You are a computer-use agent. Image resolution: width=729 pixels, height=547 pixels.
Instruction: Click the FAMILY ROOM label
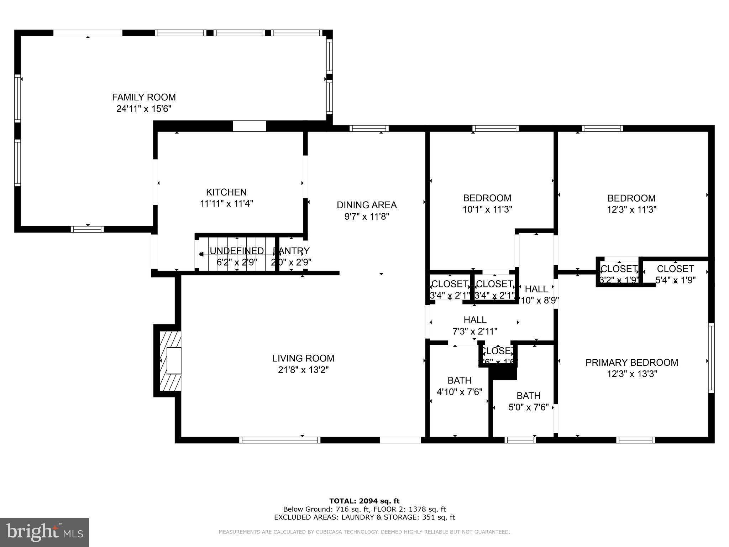tap(144, 97)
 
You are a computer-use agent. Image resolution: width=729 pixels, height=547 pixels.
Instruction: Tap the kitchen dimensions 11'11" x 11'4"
tap(226, 204)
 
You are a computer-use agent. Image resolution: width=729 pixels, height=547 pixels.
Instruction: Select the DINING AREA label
tap(367, 205)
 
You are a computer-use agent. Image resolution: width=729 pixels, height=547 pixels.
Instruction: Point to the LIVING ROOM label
tap(303, 358)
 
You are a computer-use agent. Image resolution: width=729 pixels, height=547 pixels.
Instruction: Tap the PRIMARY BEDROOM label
tap(632, 363)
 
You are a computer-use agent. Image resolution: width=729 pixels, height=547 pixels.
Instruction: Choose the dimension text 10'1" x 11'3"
tap(487, 209)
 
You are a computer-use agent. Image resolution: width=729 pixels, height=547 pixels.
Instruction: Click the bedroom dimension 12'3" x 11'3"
tap(631, 209)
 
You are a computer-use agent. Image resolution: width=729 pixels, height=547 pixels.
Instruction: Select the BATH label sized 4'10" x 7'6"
tap(459, 380)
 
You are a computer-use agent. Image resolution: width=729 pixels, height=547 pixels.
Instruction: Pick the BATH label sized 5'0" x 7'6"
tap(528, 396)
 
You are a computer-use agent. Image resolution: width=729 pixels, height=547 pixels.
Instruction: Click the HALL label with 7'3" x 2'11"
tap(475, 320)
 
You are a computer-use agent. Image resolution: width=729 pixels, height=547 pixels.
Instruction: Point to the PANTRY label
tap(291, 251)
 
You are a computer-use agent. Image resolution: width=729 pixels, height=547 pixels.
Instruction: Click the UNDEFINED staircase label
tap(237, 251)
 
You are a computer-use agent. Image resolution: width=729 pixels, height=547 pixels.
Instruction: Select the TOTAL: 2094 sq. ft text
tap(364, 501)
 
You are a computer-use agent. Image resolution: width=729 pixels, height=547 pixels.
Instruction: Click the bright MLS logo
tap(44, 532)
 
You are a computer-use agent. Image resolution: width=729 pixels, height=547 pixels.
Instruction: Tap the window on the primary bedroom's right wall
tap(711, 358)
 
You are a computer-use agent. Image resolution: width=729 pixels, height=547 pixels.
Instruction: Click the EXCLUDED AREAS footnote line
tap(364, 517)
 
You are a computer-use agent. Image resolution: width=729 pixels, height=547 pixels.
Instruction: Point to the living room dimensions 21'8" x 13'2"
tap(303, 370)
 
